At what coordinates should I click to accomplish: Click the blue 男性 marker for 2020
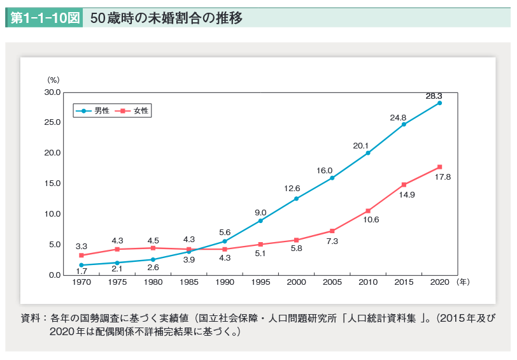click(439, 103)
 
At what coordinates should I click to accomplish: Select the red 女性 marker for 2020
click(439, 167)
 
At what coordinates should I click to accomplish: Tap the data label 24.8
click(398, 117)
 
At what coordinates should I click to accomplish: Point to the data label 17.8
click(443, 176)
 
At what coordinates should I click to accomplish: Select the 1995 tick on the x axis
click(260, 282)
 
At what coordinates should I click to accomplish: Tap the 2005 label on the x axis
click(332, 282)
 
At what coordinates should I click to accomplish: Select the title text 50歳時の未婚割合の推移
click(166, 18)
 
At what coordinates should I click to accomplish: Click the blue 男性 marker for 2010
click(368, 153)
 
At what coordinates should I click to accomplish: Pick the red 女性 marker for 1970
click(81, 255)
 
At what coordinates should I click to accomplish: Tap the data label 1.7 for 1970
click(81, 271)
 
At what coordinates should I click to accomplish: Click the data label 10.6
click(371, 219)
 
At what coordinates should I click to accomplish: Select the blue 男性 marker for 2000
click(296, 199)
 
